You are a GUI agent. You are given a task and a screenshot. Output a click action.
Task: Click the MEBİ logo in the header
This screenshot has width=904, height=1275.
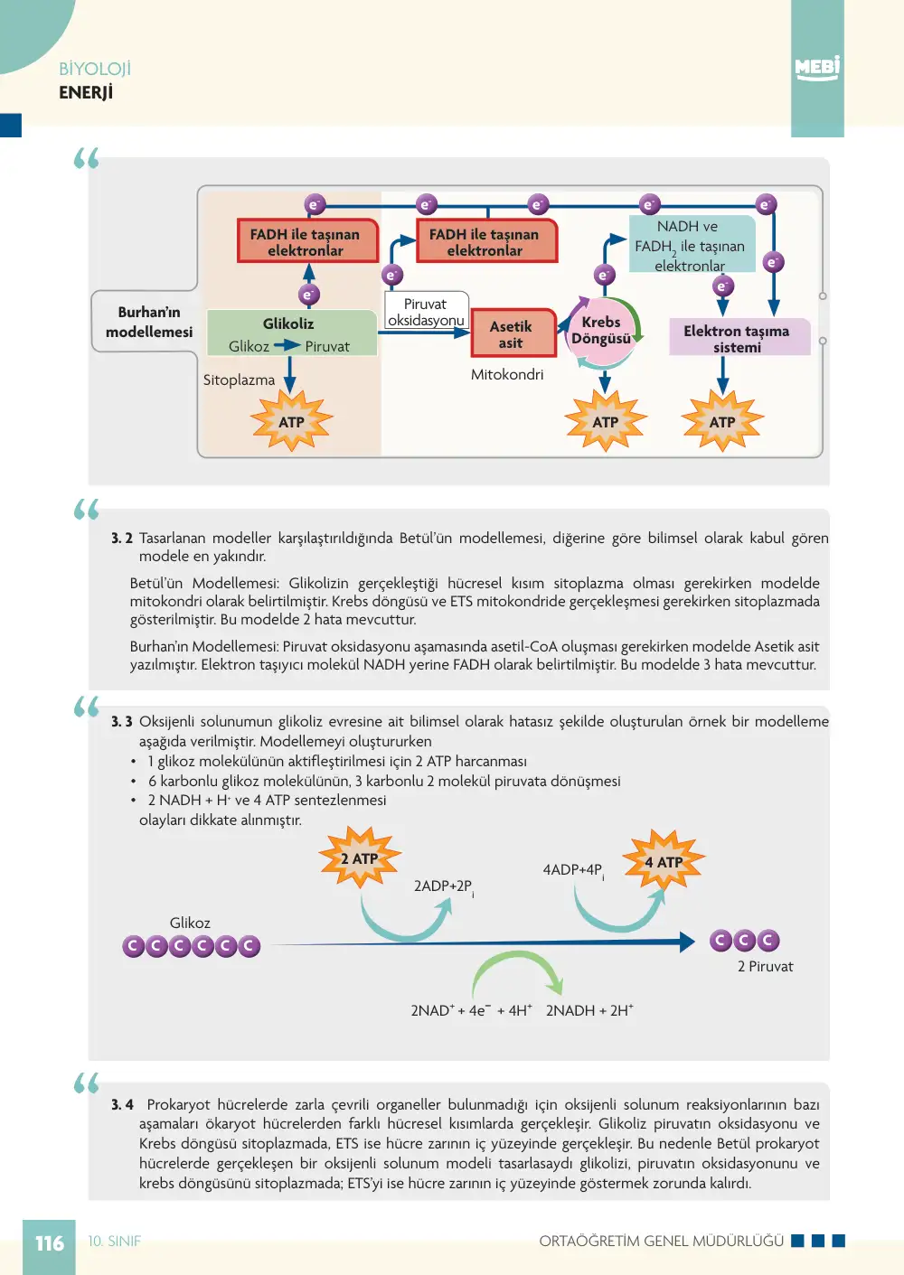point(817,69)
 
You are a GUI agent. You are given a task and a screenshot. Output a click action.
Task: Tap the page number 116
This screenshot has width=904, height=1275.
point(50,1243)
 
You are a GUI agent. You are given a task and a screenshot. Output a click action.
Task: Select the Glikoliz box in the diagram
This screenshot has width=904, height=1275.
point(291,333)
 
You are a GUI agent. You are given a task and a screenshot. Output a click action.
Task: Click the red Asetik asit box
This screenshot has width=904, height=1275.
point(513,333)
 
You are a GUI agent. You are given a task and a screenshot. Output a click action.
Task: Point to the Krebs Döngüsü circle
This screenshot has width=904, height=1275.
point(601,331)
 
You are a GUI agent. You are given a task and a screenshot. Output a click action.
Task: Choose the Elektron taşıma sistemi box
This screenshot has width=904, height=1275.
point(739,337)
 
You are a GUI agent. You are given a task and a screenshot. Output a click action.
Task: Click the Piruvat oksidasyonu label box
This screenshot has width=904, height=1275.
point(427,311)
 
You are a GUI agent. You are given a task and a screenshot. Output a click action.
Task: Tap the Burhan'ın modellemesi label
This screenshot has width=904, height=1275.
point(149,322)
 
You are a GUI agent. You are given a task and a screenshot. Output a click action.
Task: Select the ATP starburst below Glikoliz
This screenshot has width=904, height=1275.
point(291,421)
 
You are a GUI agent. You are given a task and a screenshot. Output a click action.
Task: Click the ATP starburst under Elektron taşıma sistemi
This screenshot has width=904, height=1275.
point(722,421)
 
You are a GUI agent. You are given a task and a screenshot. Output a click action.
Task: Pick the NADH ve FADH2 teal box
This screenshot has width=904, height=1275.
point(692,245)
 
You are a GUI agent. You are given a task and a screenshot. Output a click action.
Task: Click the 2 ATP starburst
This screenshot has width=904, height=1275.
point(360,858)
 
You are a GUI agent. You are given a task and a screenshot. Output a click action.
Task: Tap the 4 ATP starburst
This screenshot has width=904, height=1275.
point(664,861)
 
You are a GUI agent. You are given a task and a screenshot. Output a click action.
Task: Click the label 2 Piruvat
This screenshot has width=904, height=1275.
point(765,966)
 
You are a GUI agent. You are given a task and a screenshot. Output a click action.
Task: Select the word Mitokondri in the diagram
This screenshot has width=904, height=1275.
point(506,374)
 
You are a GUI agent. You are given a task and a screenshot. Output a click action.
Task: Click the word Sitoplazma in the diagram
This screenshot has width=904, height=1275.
point(239,380)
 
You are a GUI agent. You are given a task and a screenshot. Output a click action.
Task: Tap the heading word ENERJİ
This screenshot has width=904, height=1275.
point(86,92)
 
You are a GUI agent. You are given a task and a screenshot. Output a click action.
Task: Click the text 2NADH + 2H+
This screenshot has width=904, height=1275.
point(589,1010)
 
